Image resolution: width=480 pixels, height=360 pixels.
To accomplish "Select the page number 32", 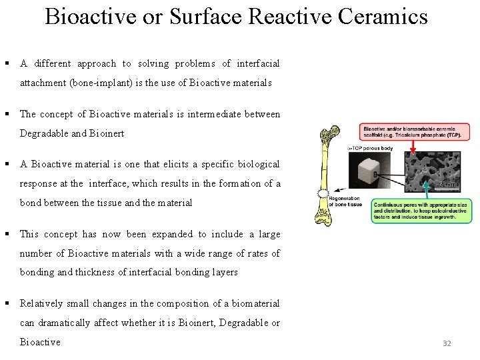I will click(447, 343).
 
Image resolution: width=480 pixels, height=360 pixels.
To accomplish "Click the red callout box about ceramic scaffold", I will click(411, 131).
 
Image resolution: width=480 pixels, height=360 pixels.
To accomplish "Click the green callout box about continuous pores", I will click(421, 210).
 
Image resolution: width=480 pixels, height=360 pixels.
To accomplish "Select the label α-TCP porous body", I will click(369, 147).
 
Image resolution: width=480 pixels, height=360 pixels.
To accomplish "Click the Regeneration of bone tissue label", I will click(345, 201).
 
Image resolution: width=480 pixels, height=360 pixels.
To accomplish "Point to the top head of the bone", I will click(331, 136).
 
